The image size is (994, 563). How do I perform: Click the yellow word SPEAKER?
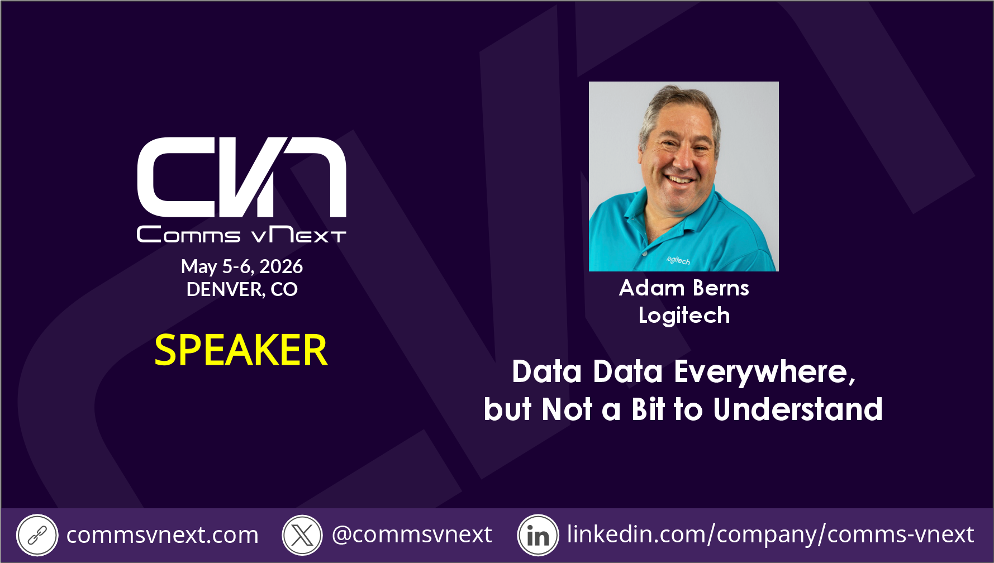(x=241, y=350)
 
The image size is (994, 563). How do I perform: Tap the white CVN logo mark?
(x=241, y=177)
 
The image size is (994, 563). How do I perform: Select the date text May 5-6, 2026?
(x=242, y=266)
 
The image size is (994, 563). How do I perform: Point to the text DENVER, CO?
(x=242, y=289)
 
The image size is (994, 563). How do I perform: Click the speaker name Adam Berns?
(x=684, y=288)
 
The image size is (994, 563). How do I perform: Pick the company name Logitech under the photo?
(x=684, y=316)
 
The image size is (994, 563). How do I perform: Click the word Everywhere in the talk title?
(x=764, y=372)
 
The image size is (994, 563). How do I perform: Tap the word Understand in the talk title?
(x=798, y=409)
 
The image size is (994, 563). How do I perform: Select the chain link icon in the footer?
(x=37, y=535)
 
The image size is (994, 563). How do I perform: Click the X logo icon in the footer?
(x=302, y=535)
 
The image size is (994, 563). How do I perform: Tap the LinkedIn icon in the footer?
(x=538, y=535)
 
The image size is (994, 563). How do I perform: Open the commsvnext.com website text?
(x=163, y=535)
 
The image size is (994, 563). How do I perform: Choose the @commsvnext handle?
(x=412, y=535)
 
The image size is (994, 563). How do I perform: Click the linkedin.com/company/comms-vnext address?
(x=771, y=535)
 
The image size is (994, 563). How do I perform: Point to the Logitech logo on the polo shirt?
(x=678, y=260)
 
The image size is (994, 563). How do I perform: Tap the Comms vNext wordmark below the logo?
(x=241, y=235)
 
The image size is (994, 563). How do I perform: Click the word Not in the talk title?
(x=567, y=409)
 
